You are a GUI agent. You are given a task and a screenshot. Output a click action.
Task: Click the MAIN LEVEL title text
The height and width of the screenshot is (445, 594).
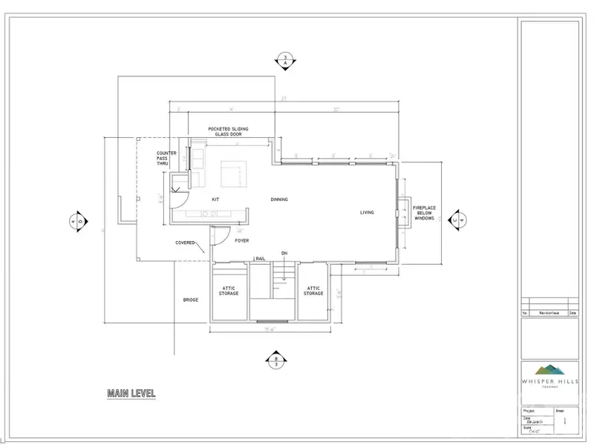(131, 393)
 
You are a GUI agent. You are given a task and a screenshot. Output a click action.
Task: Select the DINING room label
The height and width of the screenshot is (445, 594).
(279, 200)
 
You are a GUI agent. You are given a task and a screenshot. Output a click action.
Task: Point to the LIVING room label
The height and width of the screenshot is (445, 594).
(367, 213)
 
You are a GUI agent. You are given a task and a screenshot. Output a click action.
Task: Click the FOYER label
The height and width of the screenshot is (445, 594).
(242, 240)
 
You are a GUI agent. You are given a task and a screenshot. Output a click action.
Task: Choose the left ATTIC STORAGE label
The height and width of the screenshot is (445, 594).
(228, 291)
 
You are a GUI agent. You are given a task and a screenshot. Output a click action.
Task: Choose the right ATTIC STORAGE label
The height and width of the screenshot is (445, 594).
(313, 291)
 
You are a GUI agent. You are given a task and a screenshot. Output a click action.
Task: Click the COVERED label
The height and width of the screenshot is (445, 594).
(185, 243)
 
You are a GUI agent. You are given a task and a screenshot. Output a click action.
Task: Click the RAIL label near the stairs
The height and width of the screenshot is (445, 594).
(261, 258)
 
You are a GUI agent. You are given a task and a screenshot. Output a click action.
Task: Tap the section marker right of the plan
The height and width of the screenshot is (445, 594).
(463, 220)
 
